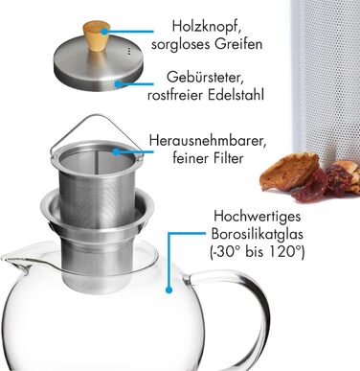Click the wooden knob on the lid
96,35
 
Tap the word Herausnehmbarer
208,140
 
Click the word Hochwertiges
258,217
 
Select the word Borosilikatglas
258,235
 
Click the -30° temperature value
226,252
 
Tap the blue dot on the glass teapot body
169,290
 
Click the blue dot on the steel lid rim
118,84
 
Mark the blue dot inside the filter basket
115,151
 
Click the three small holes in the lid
128,52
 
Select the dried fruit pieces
309,176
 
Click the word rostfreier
175,95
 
